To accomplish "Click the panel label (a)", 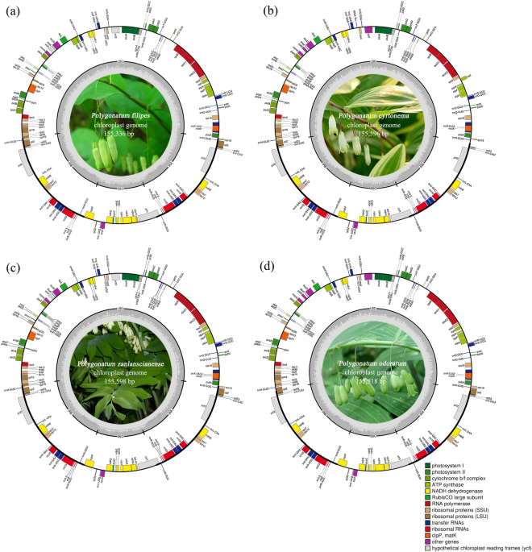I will click(x=11, y=8).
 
